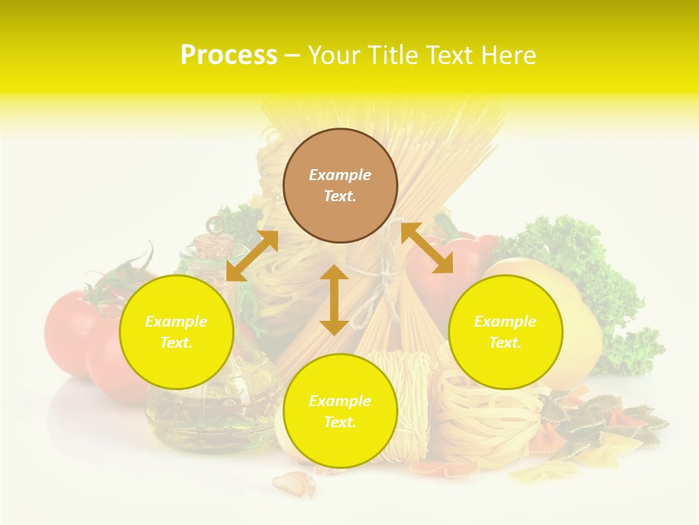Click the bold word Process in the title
(x=229, y=55)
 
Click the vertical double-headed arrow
(x=334, y=300)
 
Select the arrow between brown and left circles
(x=253, y=256)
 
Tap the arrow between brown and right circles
(x=427, y=248)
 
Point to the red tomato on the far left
(x=69, y=328)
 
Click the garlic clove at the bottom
(x=295, y=483)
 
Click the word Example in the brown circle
(x=340, y=175)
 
